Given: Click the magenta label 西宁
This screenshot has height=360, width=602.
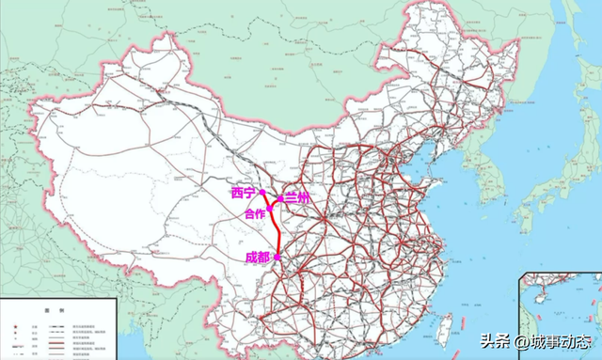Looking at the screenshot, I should (244, 192).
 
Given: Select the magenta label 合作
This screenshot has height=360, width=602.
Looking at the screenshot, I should (255, 214).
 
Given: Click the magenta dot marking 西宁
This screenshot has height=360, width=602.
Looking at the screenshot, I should (262, 191).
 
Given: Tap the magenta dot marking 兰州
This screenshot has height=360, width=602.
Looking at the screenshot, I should (280, 199).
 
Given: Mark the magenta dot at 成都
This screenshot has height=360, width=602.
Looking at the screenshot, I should (277, 257).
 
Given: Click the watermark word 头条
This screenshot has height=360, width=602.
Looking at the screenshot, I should (495, 340).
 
